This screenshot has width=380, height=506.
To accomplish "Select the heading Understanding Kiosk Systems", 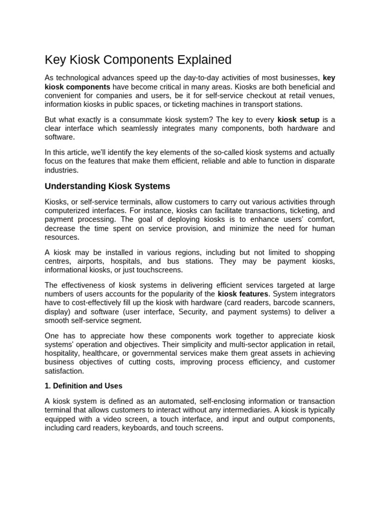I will point(107,186).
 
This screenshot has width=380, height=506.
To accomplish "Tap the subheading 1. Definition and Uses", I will point(84,385).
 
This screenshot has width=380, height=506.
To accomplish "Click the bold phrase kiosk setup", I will point(298,120).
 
